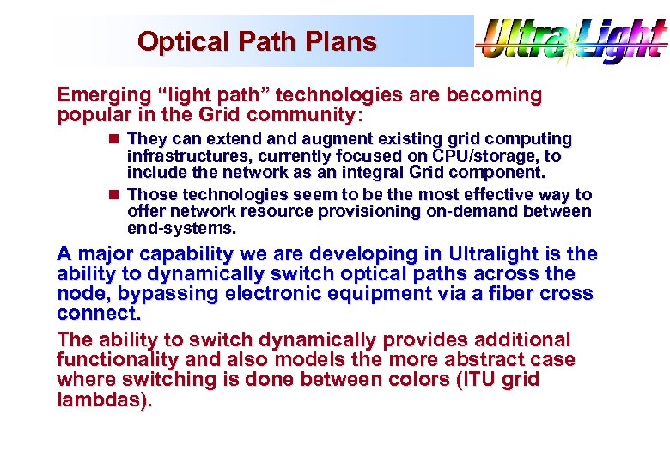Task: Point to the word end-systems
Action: [180, 229]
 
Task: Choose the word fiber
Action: [496, 293]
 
